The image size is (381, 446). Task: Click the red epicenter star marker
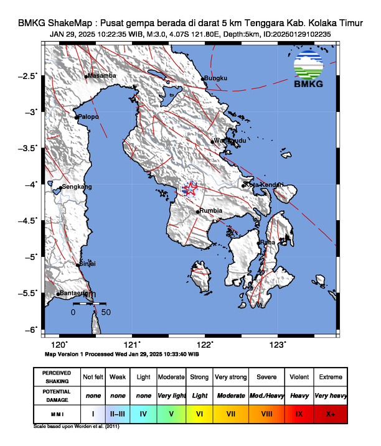(190, 188)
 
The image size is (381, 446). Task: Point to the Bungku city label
(216, 78)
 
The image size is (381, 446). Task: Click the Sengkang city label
(77, 187)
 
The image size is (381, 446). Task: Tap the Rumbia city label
(211, 211)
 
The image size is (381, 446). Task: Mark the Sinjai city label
(87, 264)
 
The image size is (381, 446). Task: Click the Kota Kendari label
(265, 185)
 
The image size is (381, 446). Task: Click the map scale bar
(90, 304)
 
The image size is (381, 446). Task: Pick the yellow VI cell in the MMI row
(199, 413)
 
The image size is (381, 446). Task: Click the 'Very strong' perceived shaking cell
(230, 377)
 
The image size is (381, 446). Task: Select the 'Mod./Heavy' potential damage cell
(267, 395)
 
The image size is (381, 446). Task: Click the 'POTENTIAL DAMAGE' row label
(57, 395)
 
